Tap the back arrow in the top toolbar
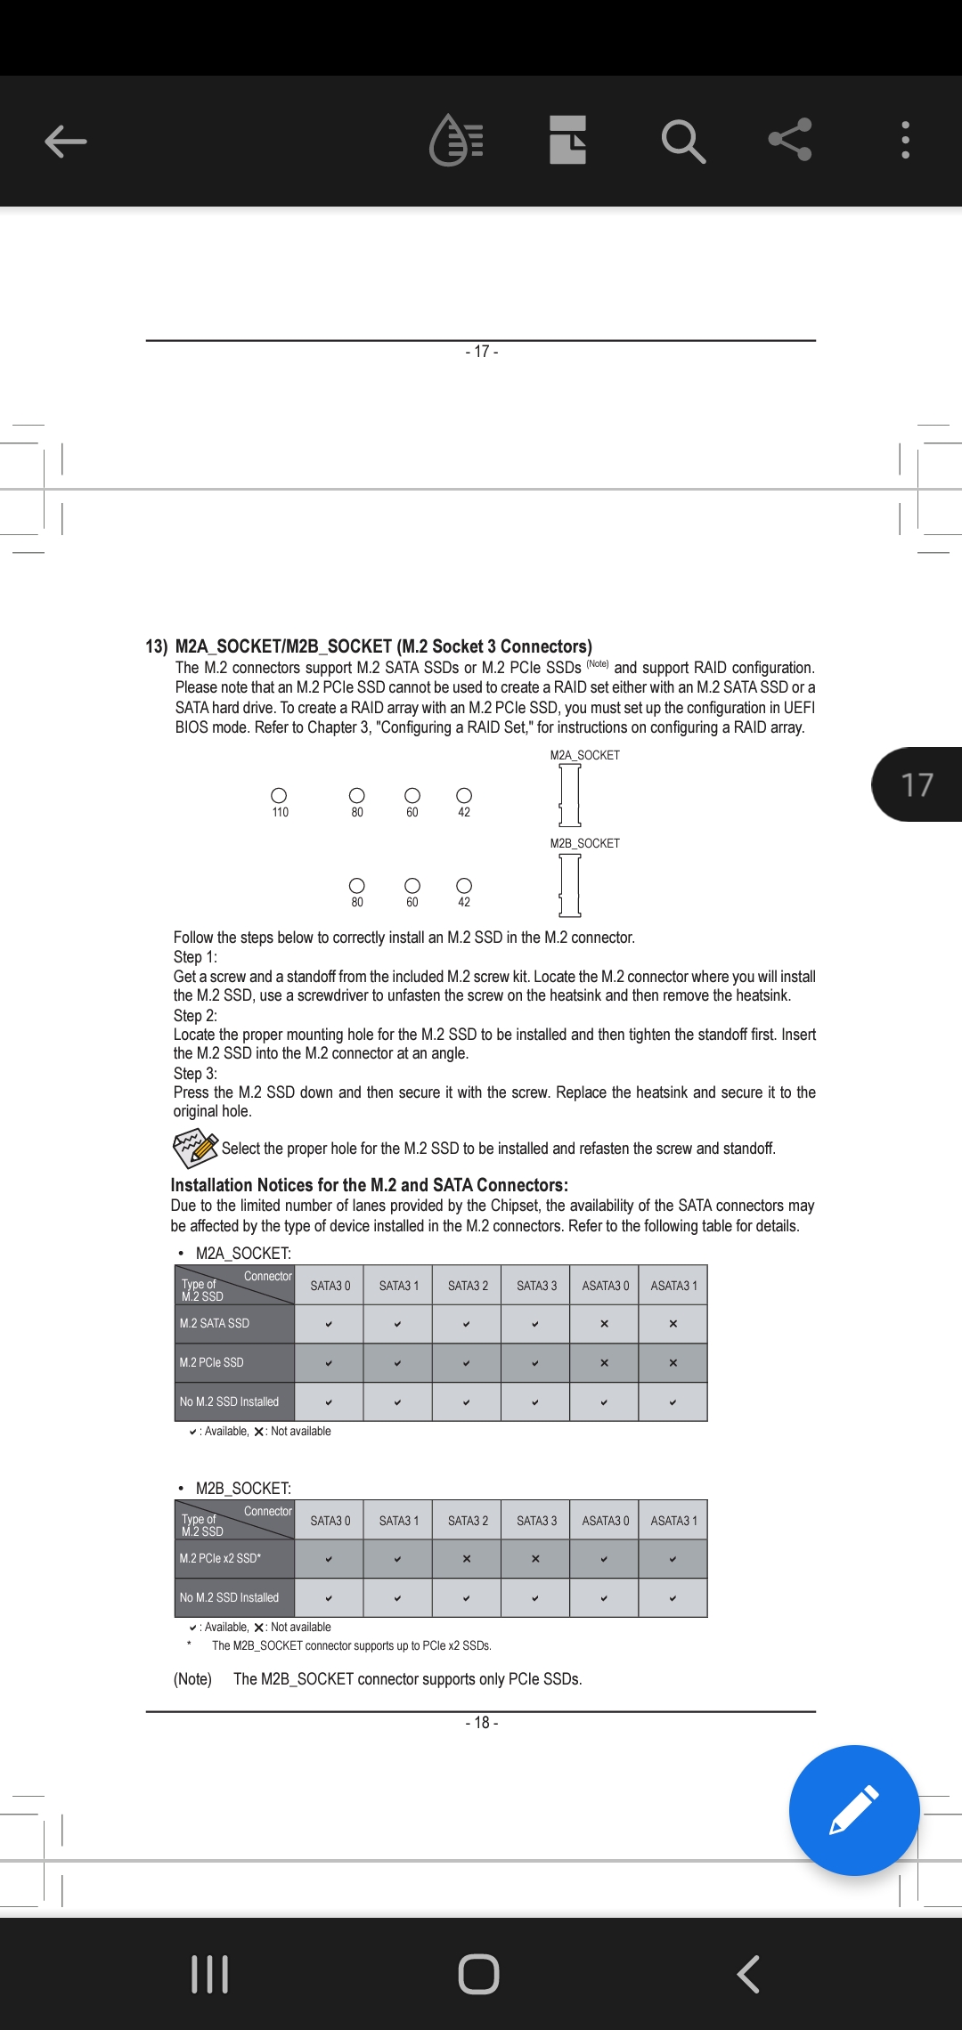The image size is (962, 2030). point(66,141)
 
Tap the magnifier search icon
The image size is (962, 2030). point(683,141)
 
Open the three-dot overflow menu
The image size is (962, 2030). point(905,141)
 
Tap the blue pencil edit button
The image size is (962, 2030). point(853,1810)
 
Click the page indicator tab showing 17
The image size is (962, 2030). point(917,784)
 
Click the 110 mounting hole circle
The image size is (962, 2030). point(279,795)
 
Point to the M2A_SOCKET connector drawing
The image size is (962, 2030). point(570,794)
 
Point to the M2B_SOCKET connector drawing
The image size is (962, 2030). point(570,884)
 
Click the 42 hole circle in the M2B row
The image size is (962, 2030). point(464,885)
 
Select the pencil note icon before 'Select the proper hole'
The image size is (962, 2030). point(195,1148)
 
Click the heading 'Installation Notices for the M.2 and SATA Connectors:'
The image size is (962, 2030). point(369,1185)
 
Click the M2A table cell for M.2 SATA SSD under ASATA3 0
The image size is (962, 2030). point(604,1324)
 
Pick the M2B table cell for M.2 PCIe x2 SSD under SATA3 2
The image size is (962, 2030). point(467,1559)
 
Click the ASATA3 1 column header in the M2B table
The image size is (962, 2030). point(673,1521)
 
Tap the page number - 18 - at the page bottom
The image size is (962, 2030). point(481,1723)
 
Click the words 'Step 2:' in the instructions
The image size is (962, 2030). point(195,1016)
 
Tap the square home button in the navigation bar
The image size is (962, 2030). point(479,1974)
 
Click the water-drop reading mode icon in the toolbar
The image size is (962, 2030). point(456,141)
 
